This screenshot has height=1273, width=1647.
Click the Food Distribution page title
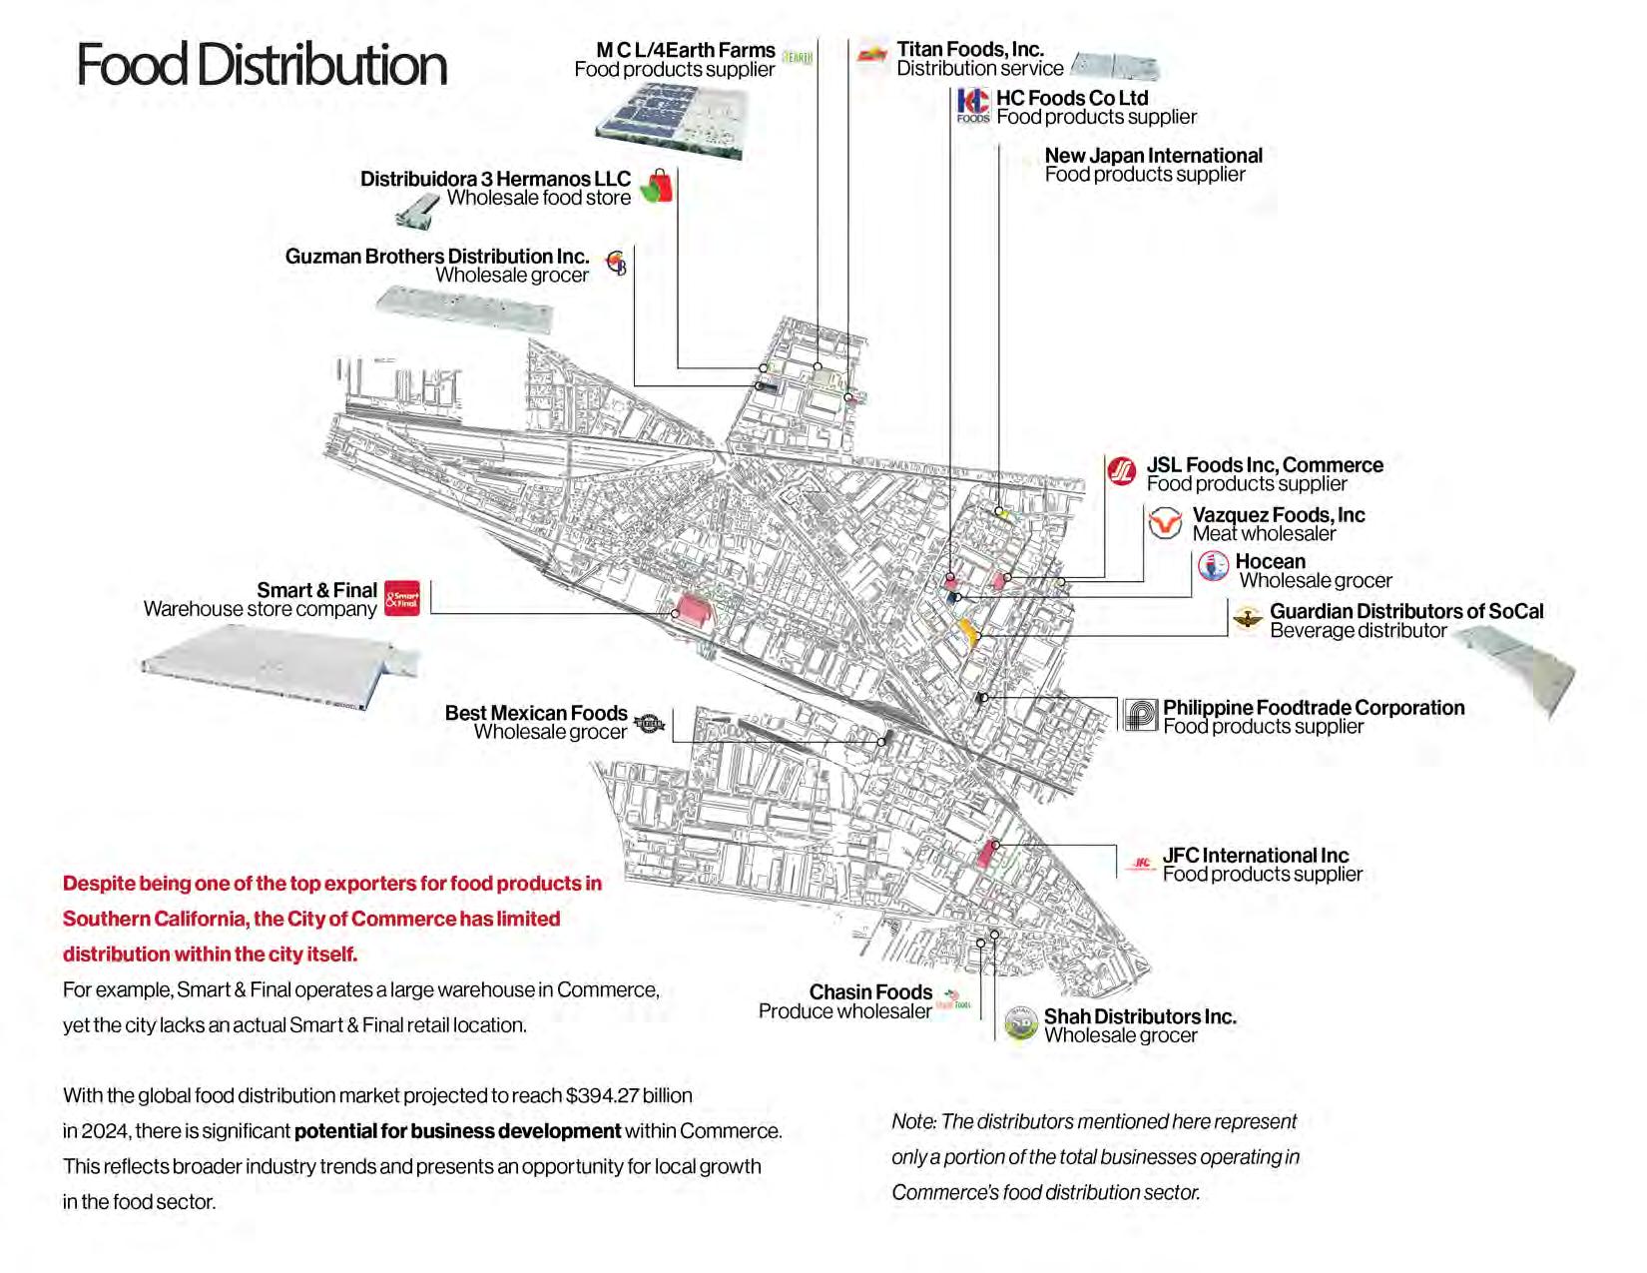tap(262, 66)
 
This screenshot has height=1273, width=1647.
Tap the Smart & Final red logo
tap(402, 598)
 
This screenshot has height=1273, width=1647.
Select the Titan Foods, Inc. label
tap(969, 49)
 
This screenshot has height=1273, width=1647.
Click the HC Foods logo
tap(972, 105)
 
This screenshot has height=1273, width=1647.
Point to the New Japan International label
tap(1153, 156)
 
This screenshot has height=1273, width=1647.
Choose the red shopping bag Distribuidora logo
tap(657, 186)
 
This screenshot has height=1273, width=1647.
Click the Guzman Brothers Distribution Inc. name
tap(437, 257)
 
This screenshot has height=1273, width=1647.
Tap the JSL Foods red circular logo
tap(1122, 470)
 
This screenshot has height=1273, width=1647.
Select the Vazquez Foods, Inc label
tap(1278, 515)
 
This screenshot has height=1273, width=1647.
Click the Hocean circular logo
tap(1213, 566)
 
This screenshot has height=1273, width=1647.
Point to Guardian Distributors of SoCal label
tap(1405, 611)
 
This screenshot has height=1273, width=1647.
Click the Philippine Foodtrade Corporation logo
tap(1140, 715)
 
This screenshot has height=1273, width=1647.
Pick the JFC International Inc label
tap(1255, 856)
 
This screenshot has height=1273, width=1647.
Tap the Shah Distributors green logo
tap(1020, 1024)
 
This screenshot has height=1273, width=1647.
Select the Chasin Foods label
tap(870, 992)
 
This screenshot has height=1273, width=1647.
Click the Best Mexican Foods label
tap(536, 713)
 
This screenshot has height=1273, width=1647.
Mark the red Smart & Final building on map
tap(694, 608)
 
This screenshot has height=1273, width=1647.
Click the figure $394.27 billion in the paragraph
tap(629, 1095)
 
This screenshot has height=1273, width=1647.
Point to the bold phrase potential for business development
tap(457, 1131)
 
